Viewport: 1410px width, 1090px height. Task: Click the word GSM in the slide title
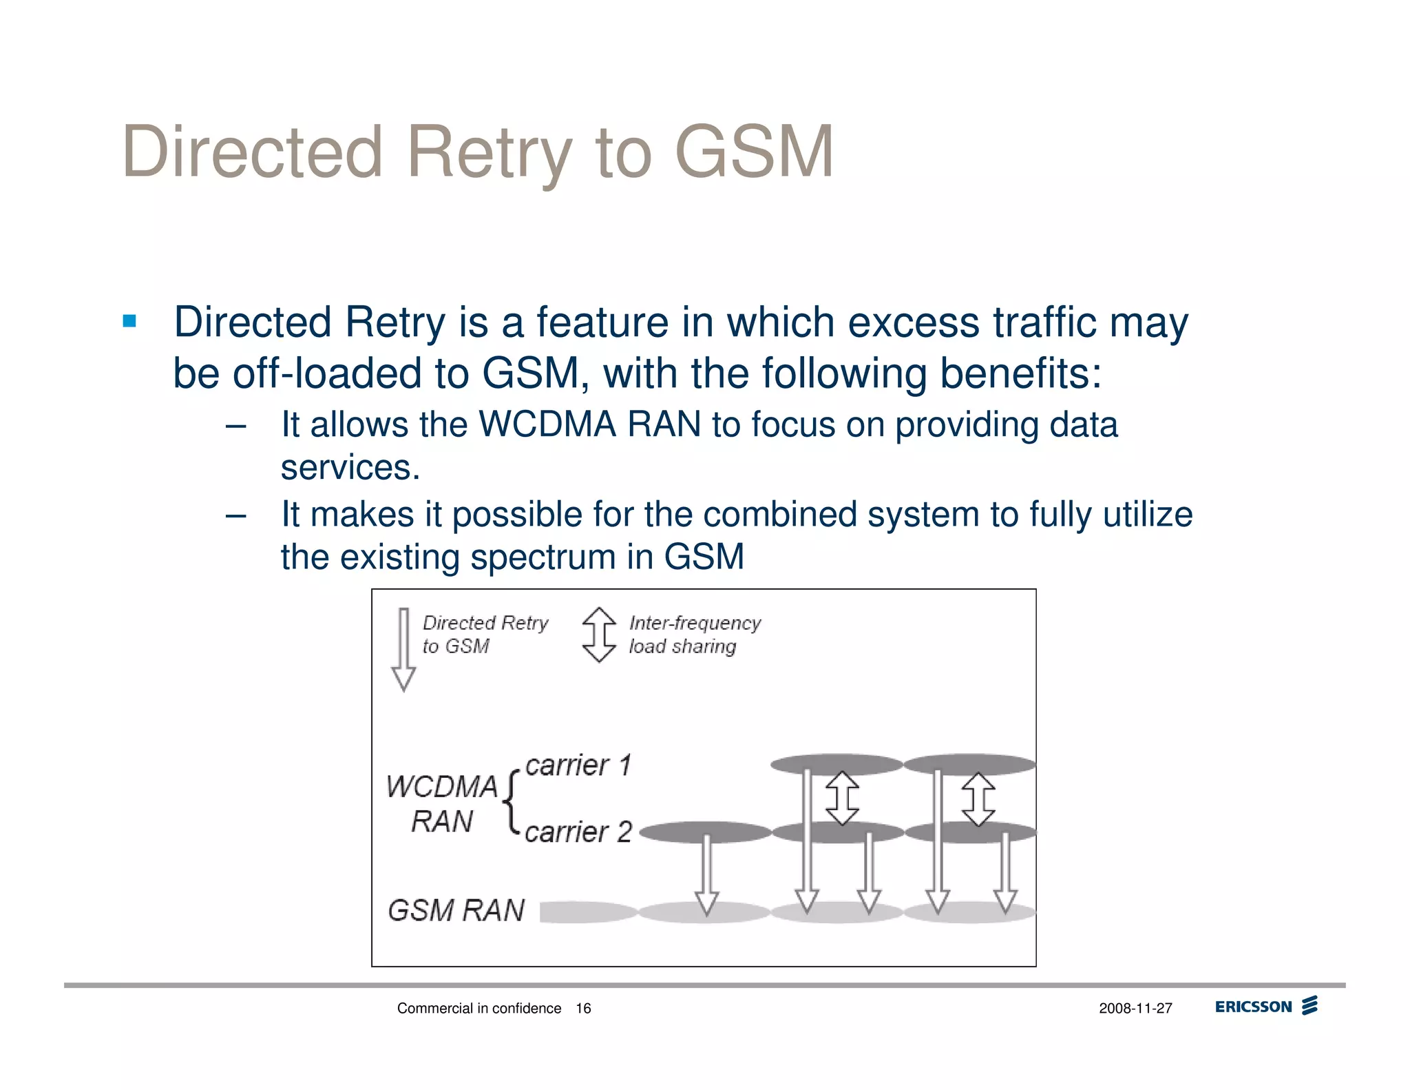coord(754,152)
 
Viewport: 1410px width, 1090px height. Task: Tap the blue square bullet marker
coord(129,321)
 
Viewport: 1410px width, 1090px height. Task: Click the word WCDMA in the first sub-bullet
coord(547,424)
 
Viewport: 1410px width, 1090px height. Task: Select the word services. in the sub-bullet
coord(350,468)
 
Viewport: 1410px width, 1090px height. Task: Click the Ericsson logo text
coord(1253,1007)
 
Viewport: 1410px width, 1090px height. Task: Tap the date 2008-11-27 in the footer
coord(1135,1009)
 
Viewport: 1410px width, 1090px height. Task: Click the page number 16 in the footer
coord(583,1009)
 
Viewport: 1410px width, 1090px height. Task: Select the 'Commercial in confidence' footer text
coord(479,1009)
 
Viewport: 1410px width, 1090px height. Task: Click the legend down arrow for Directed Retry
coord(403,648)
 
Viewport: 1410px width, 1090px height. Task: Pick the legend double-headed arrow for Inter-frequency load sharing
coord(599,635)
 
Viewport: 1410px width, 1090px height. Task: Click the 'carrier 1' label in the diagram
coord(578,765)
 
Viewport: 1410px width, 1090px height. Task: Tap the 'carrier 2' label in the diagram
coord(578,832)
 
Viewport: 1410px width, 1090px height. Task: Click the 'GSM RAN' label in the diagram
coord(456,910)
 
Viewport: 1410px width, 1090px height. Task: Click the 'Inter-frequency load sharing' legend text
coord(694,635)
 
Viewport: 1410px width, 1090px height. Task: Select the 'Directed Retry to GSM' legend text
coord(485,635)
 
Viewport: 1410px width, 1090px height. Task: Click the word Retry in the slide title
coord(489,153)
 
